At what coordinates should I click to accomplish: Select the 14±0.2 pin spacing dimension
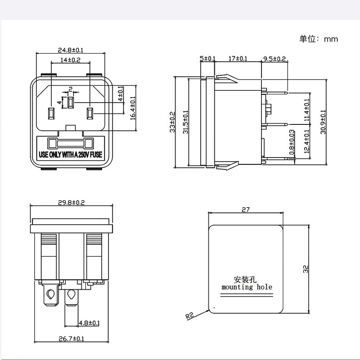70,60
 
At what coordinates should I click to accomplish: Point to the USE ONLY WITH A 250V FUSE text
70,155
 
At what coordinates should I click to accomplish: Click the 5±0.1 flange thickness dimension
207,59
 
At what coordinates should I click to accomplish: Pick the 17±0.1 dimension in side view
237,59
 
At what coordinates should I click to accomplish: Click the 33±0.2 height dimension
172,122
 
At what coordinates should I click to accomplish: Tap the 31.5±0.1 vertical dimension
185,122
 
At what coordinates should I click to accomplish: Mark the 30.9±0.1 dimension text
323,122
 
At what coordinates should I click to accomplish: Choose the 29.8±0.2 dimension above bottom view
71,202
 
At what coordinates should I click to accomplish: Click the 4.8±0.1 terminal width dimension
89,323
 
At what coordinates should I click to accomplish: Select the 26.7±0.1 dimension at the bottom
71,339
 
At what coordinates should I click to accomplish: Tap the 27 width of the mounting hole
246,210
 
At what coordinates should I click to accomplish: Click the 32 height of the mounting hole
306,269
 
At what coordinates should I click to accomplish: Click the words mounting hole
247,287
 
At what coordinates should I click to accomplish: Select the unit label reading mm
330,39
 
